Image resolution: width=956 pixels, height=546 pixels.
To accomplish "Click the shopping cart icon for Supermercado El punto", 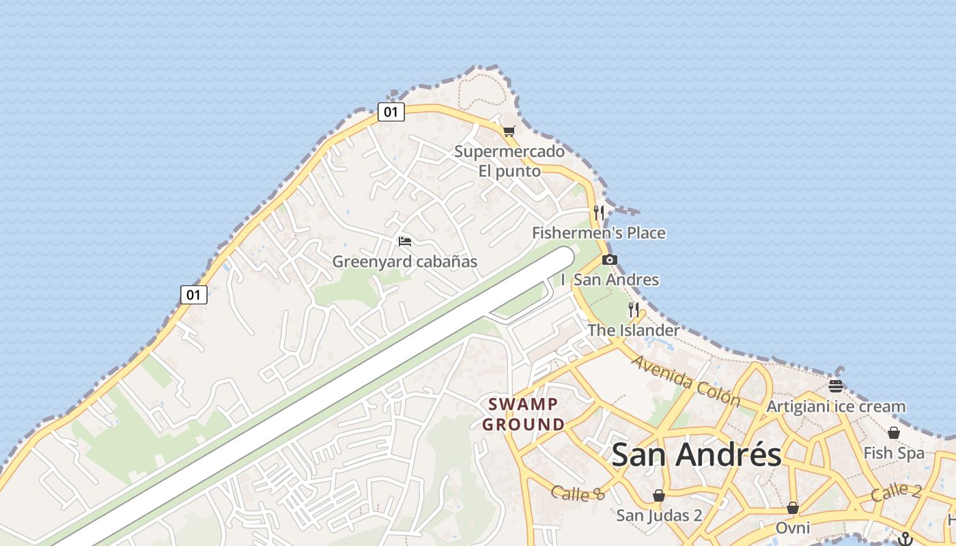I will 509,131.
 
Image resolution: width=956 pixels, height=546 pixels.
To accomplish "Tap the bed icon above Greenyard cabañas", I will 405,241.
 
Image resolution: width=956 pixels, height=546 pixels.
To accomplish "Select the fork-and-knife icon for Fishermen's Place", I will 599,212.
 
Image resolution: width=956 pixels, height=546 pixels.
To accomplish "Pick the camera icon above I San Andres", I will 610,259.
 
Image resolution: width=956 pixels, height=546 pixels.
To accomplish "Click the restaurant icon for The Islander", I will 634,310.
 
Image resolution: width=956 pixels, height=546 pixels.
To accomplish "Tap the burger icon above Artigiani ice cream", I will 836,386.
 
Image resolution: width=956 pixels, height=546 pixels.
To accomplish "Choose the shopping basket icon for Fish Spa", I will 893,433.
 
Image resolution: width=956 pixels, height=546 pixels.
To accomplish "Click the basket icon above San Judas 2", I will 659,495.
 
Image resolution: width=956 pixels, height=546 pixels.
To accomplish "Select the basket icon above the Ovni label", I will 793,508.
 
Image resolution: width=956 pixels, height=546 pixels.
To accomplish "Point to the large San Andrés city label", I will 696,455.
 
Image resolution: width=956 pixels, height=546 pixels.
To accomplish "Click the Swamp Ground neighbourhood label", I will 524,414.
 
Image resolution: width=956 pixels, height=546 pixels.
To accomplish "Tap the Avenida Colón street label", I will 686,380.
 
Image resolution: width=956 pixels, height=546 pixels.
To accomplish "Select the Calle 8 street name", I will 578,493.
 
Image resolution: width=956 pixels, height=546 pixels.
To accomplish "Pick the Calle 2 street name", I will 896,491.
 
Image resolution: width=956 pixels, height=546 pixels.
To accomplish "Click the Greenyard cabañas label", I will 404,261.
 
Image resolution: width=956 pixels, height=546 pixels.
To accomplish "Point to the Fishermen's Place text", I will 598,233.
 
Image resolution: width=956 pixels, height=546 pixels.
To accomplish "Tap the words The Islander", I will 634,330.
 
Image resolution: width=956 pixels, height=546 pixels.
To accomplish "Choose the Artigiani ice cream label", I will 836,407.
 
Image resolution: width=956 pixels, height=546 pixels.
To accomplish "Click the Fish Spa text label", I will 893,453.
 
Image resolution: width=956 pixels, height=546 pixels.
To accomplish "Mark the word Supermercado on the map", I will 509,152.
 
